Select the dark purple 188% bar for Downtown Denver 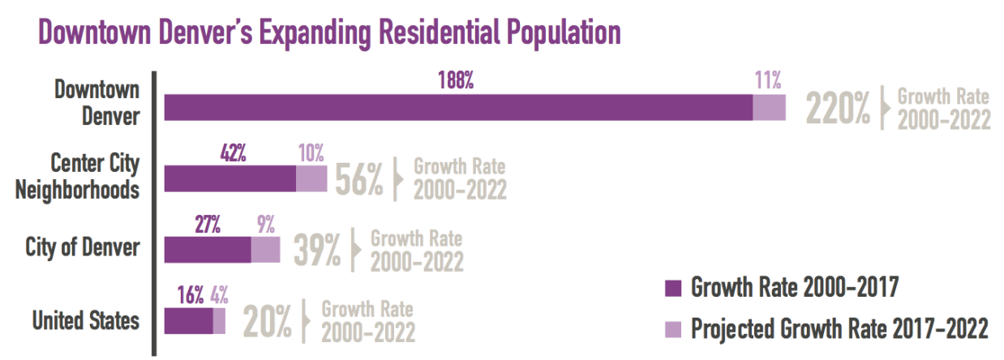(x=458, y=108)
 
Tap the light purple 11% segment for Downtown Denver (x=769, y=108)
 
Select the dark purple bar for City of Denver (x=208, y=251)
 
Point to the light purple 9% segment (x=265, y=251)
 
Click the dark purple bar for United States (x=188, y=321)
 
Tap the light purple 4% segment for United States (x=219, y=321)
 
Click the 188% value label (x=457, y=80)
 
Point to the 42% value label (x=234, y=152)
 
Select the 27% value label (x=208, y=224)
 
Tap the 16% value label (x=191, y=295)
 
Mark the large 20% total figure (x=267, y=323)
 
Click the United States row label (x=85, y=321)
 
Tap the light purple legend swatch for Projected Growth (x=673, y=329)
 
